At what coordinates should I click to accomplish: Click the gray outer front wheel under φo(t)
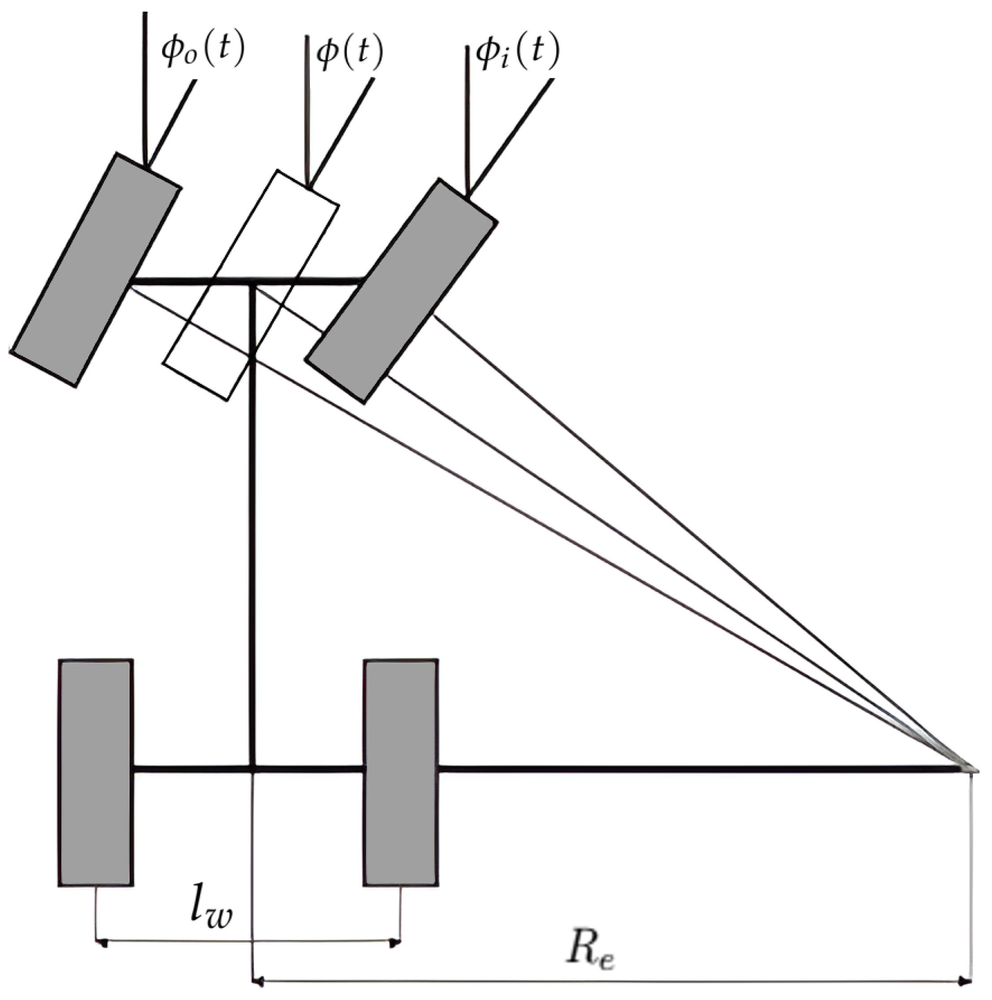tap(96, 269)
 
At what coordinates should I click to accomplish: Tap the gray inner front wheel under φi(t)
tap(401, 290)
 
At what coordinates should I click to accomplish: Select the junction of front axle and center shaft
tap(253, 282)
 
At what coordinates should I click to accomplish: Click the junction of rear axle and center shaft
tap(253, 770)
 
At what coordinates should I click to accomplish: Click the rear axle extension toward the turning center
tap(699, 770)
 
